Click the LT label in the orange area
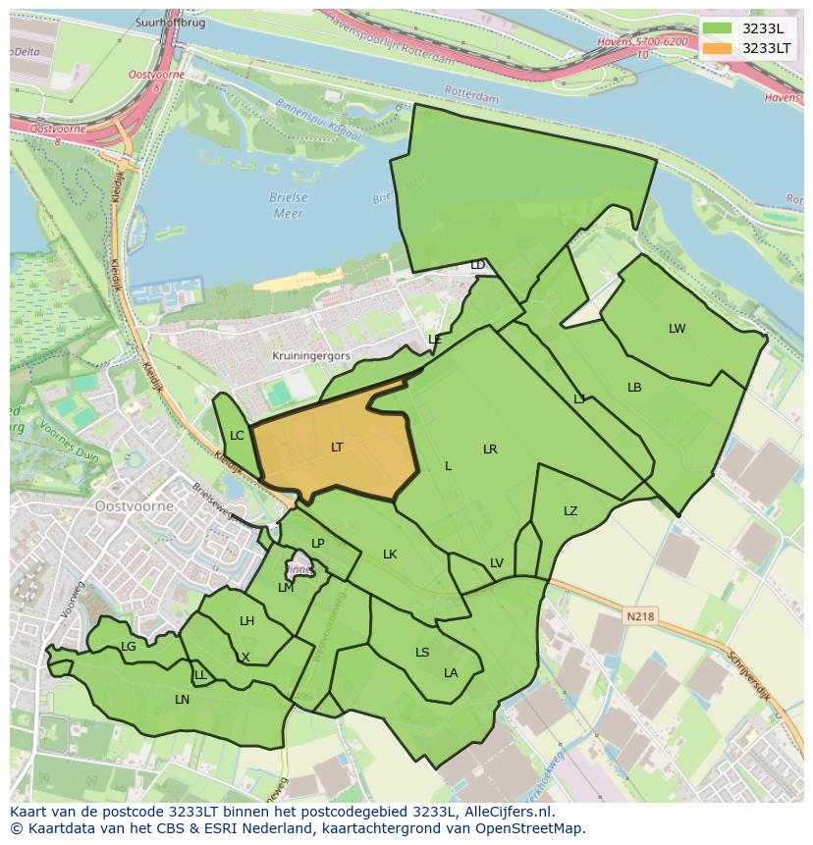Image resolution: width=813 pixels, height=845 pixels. (x=337, y=448)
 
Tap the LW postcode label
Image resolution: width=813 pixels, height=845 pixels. (x=677, y=329)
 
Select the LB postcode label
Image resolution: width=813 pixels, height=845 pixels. (x=634, y=388)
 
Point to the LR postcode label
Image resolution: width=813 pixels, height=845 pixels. (x=490, y=449)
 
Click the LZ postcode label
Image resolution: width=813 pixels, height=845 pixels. (x=570, y=511)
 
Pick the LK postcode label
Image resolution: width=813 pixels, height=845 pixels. (x=390, y=555)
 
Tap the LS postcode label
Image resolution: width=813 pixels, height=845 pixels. (x=422, y=653)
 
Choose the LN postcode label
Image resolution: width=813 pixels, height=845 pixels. (x=182, y=700)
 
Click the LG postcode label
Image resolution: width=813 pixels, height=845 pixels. (x=129, y=647)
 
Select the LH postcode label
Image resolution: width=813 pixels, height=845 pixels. (x=246, y=621)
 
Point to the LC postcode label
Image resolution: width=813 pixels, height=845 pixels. (x=237, y=436)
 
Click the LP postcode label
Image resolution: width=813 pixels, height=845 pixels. (x=317, y=544)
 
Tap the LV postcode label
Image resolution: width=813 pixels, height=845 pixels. (x=496, y=563)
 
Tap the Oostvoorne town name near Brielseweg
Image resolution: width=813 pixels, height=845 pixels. (x=135, y=506)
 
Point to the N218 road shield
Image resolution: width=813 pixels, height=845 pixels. (x=638, y=616)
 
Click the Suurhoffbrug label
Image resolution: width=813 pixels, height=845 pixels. (x=171, y=23)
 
